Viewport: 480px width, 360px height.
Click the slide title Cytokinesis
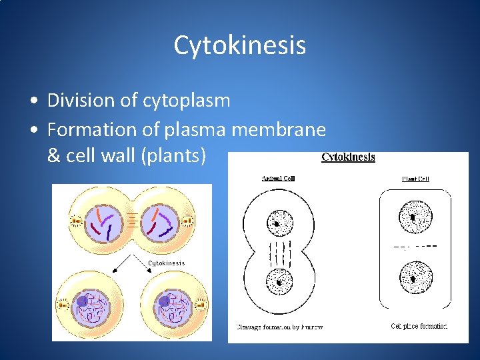pyautogui.click(x=240, y=45)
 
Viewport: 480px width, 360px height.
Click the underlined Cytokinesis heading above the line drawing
pyautogui.click(x=348, y=157)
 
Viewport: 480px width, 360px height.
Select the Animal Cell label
pyautogui.click(x=278, y=179)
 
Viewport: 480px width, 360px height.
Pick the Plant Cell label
pyautogui.click(x=415, y=179)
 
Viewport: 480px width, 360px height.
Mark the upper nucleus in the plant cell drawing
pyautogui.click(x=415, y=217)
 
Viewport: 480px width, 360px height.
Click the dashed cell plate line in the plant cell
pyautogui.click(x=415, y=246)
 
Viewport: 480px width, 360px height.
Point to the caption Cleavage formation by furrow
pyautogui.click(x=279, y=327)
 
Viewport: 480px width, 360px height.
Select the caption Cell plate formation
pyautogui.click(x=419, y=326)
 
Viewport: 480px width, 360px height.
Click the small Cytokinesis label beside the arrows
pyautogui.click(x=166, y=263)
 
